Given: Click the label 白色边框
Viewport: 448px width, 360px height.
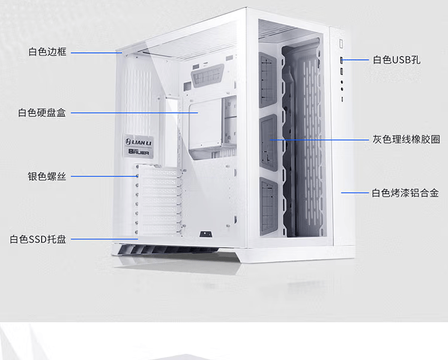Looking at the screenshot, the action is pos(47,52).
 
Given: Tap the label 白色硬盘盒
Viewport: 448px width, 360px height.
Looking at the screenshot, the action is pos(42,112).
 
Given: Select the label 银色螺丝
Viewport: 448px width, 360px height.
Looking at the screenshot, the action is pos(47,176).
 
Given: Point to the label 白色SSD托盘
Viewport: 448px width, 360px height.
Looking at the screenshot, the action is pos(38,239).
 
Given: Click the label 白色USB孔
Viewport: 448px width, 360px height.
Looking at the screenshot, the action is pos(396,59).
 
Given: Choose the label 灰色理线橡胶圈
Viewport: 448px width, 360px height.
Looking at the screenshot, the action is pos(406,139).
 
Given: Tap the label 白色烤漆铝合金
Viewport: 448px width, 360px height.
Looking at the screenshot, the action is pos(405,193).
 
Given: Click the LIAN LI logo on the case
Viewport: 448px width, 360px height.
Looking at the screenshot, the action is pos(139,142).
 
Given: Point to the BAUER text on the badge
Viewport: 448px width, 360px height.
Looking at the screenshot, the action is pos(139,152).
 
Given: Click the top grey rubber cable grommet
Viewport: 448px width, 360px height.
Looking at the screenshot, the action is pos(267,80).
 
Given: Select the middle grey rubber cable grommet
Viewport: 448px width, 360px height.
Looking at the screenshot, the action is pos(268,143).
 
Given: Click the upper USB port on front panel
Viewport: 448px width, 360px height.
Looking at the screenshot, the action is pos(342,60).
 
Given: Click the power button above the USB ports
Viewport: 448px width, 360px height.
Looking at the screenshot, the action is pos(341,44).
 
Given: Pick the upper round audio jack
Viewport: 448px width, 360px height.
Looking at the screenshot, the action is pos(342,82).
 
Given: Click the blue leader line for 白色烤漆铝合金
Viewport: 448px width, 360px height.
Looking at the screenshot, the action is pos(355,193).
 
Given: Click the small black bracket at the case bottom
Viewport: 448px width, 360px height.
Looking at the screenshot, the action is pos(205,234).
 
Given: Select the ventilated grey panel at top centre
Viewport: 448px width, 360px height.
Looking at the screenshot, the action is pos(207,76).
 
